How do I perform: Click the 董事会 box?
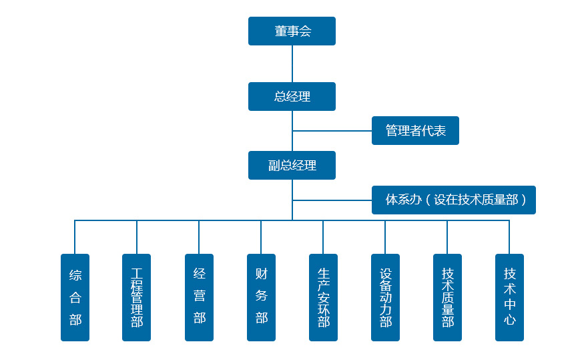[292, 31]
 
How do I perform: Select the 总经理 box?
[292, 97]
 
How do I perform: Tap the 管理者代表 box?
[415, 131]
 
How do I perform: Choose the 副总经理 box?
[292, 166]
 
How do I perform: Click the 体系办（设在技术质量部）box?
[453, 200]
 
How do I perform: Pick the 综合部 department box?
[75, 297]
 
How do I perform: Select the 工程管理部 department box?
[137, 297]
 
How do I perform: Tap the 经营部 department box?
[199, 297]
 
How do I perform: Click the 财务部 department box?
[261, 297]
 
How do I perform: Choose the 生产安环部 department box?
[323, 297]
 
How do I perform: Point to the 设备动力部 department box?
[385, 297]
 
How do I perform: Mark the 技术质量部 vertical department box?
[447, 297]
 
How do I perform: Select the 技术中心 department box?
[509, 297]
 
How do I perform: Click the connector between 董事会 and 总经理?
[292, 63]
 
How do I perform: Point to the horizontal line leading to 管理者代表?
[332, 131]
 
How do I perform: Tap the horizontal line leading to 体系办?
[332, 200]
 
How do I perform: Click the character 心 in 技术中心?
[510, 320]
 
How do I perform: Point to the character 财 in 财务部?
[262, 275]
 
